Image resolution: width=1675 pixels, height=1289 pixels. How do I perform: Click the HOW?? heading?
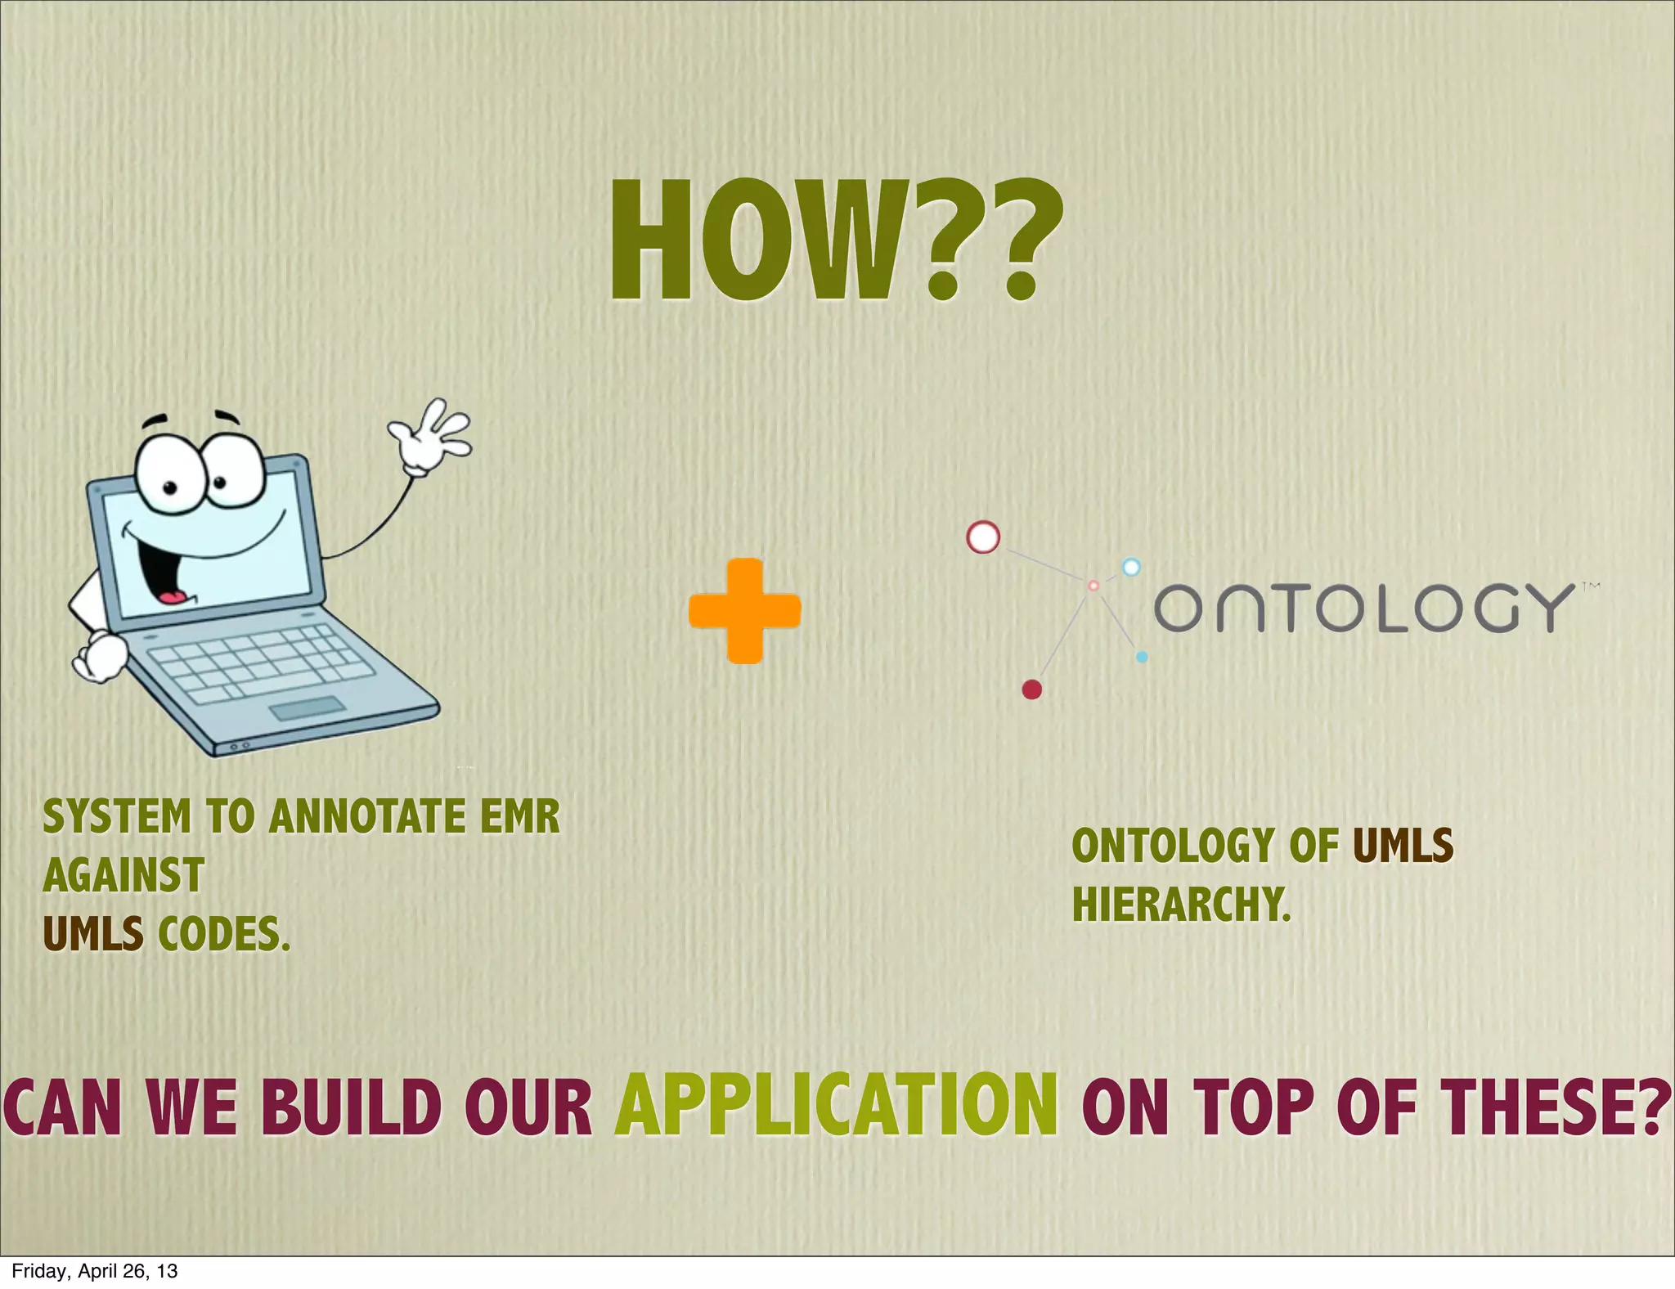click(834, 240)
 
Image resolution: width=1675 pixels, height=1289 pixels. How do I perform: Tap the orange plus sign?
click(744, 611)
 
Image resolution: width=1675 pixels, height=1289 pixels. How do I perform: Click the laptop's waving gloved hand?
click(430, 436)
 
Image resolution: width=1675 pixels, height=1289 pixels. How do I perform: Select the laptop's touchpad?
click(308, 708)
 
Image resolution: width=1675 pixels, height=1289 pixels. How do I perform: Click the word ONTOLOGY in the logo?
click(1363, 608)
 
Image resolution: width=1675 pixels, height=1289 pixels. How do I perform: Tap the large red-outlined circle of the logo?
click(983, 537)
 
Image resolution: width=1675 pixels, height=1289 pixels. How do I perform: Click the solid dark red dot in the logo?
click(1032, 689)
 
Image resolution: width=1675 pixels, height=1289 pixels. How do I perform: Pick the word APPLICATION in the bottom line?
click(836, 1107)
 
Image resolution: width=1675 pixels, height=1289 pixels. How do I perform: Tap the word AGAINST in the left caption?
click(123, 876)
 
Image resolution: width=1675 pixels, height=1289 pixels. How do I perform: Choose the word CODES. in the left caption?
click(224, 934)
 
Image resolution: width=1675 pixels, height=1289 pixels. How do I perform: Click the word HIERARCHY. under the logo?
click(1181, 905)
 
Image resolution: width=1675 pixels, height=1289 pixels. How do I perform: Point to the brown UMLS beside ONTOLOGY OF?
click(1403, 846)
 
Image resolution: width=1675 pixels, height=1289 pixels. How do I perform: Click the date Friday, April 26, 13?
click(94, 1271)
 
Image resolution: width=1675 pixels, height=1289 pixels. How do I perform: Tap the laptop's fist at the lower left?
click(100, 657)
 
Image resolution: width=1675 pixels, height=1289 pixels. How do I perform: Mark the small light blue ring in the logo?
click(1130, 567)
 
